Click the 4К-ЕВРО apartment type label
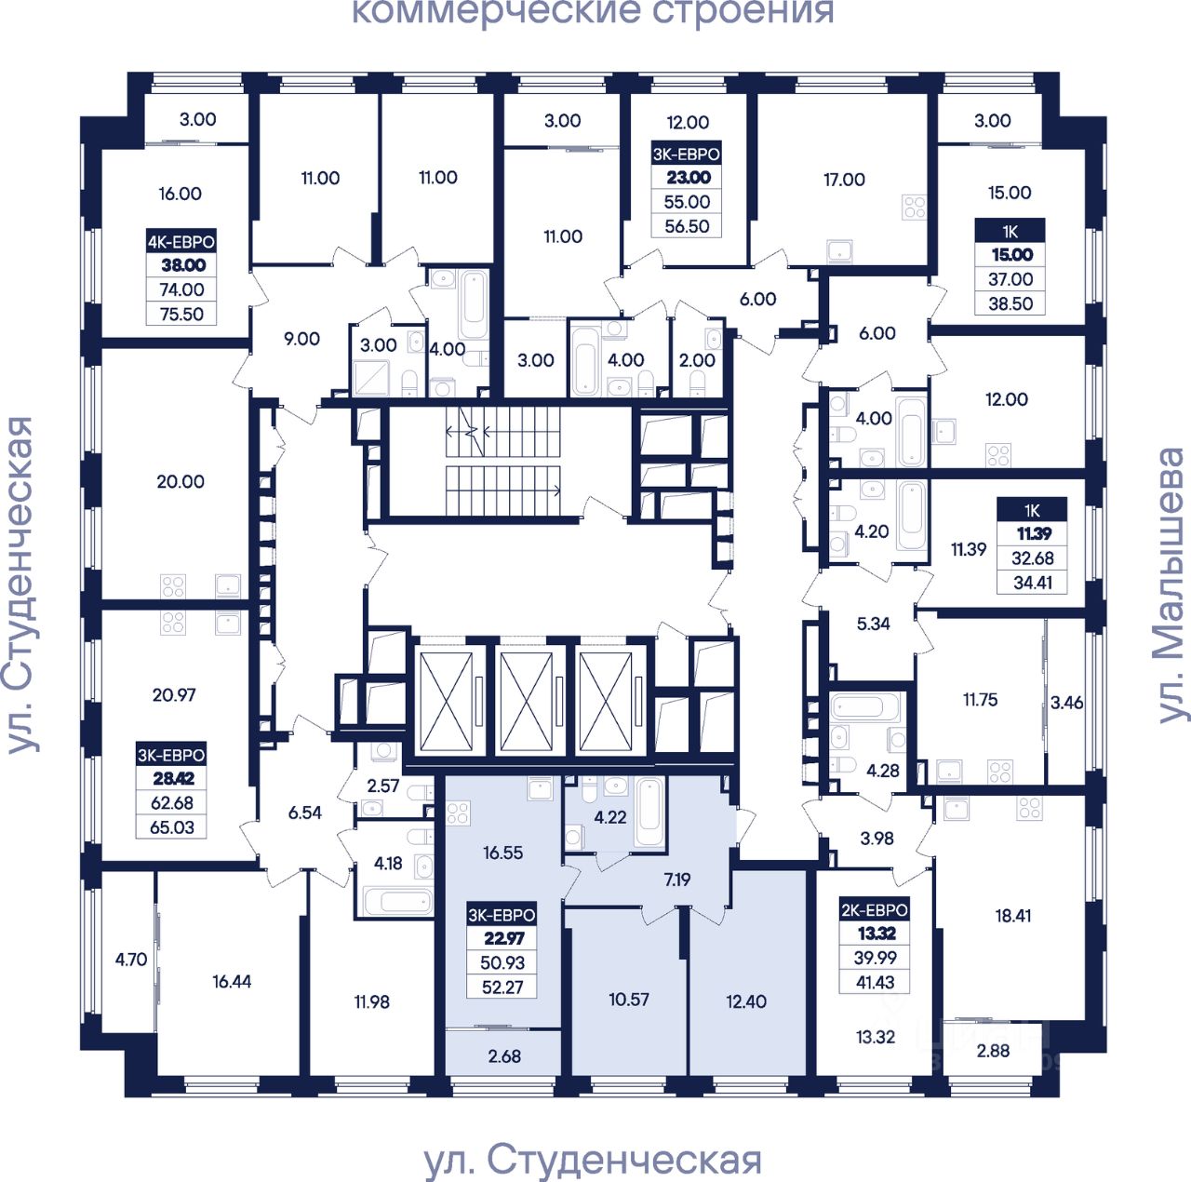click(181, 241)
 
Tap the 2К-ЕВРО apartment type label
click(874, 909)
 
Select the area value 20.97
click(174, 694)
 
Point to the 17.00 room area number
click(844, 180)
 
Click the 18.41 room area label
click(1013, 916)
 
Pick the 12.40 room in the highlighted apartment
click(746, 1001)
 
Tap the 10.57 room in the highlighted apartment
click(629, 1000)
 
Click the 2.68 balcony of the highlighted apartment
click(504, 1056)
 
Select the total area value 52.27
click(502, 987)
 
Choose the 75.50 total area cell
click(181, 315)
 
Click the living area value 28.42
click(172, 779)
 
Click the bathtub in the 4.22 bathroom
click(649, 811)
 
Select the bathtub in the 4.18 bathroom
click(396, 901)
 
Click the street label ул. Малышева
click(1171, 586)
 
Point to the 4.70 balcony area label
click(130, 960)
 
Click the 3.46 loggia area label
click(1066, 703)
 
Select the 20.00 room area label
click(181, 482)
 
